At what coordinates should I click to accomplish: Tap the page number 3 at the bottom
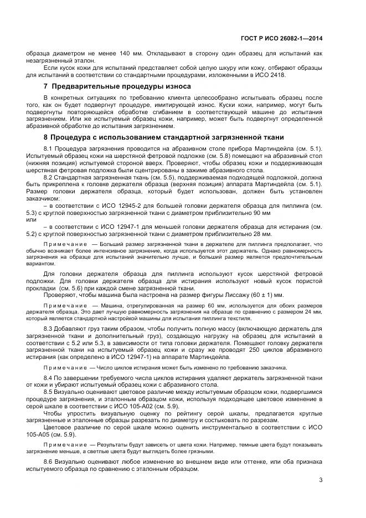(x=321, y=480)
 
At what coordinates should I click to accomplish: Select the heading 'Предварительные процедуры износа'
(x=121, y=86)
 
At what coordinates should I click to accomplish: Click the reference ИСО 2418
(x=287, y=75)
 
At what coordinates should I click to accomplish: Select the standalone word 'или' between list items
(x=31, y=219)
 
